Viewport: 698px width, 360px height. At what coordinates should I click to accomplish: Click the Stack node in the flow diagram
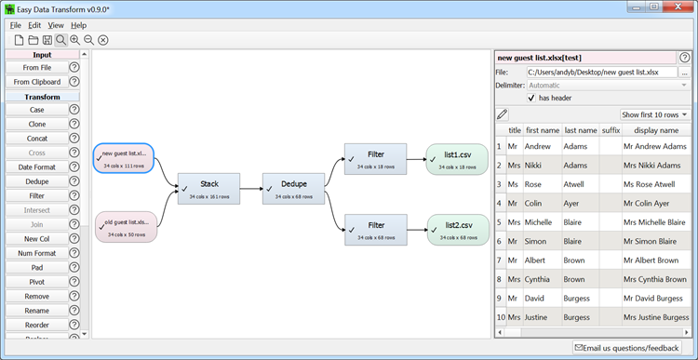tap(208, 188)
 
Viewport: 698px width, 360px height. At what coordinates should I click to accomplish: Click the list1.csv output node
tap(457, 159)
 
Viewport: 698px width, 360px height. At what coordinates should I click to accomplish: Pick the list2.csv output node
tap(457, 229)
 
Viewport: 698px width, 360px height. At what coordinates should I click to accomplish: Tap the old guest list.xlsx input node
tap(124, 227)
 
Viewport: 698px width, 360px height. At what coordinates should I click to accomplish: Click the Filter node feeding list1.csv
tap(376, 159)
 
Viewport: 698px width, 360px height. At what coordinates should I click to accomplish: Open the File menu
tap(15, 25)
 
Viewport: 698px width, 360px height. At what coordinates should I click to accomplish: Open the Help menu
tap(78, 25)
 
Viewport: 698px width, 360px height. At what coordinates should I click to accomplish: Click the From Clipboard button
tap(37, 82)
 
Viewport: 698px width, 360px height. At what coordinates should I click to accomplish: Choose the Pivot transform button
tap(37, 282)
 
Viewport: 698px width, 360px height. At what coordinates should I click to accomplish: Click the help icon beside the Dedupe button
tap(74, 181)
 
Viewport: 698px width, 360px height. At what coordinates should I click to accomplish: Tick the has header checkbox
tap(531, 98)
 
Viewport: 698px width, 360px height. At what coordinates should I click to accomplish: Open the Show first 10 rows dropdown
tap(654, 114)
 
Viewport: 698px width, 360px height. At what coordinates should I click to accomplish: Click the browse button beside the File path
tap(684, 72)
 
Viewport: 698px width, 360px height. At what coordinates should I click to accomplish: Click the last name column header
tap(581, 131)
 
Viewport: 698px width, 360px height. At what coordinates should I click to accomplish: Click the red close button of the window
tap(679, 7)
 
